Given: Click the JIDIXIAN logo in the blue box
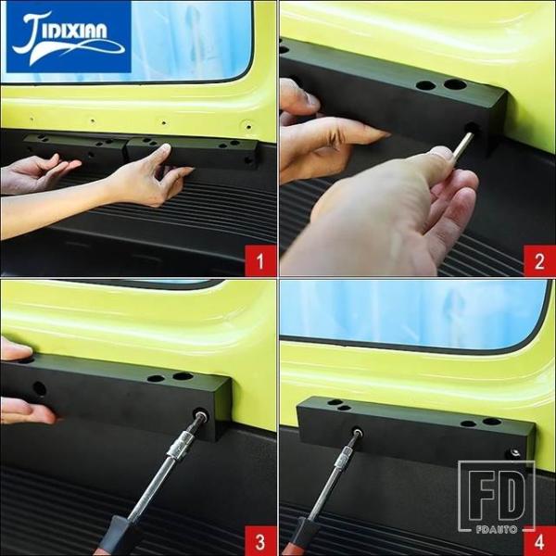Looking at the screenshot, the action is point(69,37).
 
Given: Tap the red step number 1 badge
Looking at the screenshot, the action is point(260,260).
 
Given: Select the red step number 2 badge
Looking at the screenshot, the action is point(539,260).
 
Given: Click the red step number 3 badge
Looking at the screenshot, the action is point(260,541).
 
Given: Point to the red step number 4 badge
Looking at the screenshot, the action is point(539,541).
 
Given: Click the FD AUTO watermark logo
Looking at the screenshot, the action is point(497,497).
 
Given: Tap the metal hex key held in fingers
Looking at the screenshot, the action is point(461,145).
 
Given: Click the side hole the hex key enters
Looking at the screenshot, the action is point(472,128).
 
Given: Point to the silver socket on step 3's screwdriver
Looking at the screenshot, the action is point(181,445).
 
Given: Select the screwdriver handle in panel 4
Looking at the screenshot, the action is point(297,537).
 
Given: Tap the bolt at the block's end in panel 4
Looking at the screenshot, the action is point(514,452).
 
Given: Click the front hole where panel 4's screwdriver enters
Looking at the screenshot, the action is point(357,432).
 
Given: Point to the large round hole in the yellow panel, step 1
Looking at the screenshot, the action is point(248,126).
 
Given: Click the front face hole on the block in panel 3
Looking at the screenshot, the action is point(39,389).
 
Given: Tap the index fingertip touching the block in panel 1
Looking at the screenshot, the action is point(165,147).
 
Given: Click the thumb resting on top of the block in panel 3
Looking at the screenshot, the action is point(16,348).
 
